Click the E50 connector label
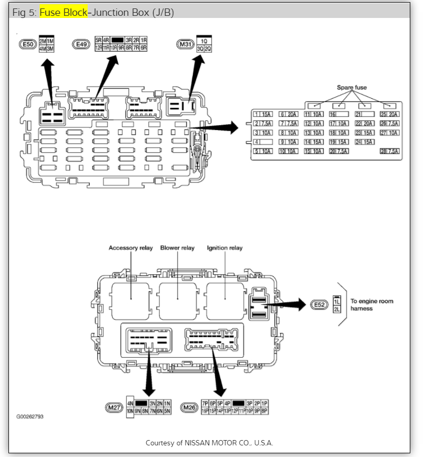27,44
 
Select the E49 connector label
81,44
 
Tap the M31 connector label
185,44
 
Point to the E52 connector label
318,305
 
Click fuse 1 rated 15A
263,114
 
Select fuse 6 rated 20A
289,114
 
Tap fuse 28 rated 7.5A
390,152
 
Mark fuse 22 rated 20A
365,124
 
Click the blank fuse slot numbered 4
263,142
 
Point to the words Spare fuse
352,87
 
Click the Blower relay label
177,248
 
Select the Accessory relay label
130,248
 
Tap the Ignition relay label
225,248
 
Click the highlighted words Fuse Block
63,12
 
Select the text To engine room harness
372,305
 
